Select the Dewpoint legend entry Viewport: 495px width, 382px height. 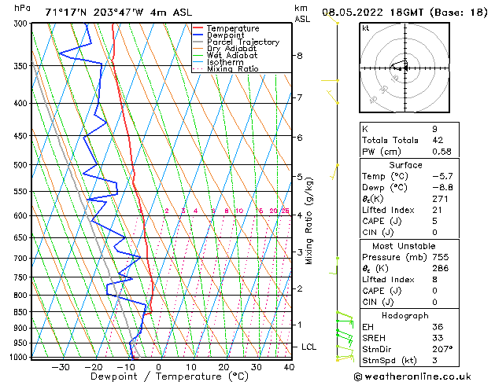tap(227, 35)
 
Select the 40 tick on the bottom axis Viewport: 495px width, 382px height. tap(289, 367)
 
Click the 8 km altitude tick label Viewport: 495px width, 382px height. tap(300, 56)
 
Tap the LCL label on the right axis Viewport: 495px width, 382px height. tap(310, 347)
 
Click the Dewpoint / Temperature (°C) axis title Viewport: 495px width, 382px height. tap(157, 377)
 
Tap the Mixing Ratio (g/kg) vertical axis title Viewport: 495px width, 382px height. tap(309, 221)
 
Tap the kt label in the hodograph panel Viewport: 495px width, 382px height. tap(366, 28)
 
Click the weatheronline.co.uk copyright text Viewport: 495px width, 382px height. tap(418, 376)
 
